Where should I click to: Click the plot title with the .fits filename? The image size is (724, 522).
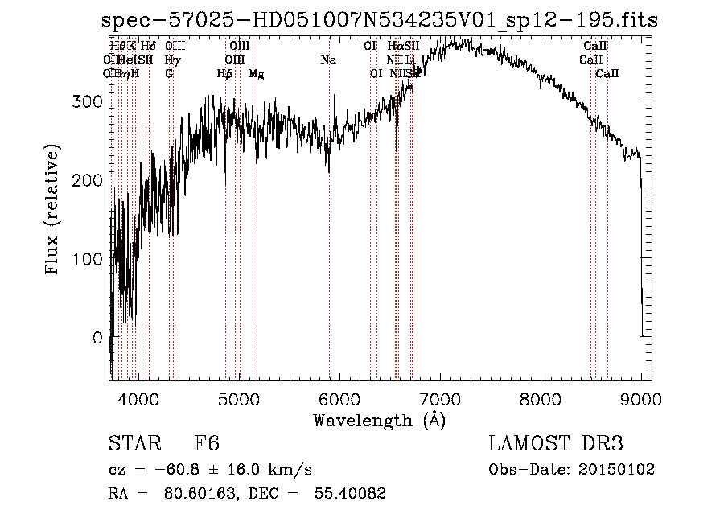[380, 21]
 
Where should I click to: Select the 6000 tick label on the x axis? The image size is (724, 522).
[339, 397]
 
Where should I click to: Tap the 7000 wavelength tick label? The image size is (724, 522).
[440, 397]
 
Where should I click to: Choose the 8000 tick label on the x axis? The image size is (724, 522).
[541, 397]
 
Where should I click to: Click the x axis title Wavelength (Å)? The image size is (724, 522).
[379, 420]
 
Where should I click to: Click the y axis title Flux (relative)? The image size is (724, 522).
[54, 212]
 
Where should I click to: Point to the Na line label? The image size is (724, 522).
[328, 60]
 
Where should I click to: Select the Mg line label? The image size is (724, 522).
[256, 73]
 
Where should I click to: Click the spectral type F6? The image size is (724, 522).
[208, 444]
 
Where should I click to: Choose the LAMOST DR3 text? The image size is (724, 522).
[556, 444]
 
